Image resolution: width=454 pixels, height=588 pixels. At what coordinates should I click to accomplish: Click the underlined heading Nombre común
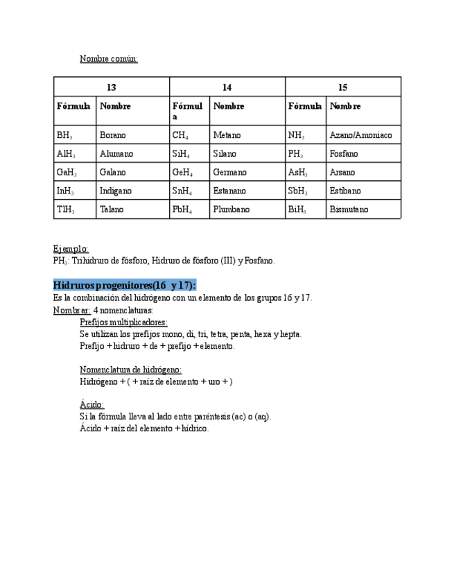(x=109, y=59)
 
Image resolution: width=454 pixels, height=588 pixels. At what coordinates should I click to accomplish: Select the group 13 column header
(x=112, y=87)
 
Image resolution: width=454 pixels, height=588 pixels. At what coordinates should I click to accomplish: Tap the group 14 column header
(x=227, y=87)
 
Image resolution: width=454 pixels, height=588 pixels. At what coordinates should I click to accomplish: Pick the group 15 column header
(x=343, y=87)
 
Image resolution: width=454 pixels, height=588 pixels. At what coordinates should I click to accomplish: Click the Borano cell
(x=113, y=135)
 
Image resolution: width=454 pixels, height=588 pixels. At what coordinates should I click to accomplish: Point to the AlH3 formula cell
(x=66, y=154)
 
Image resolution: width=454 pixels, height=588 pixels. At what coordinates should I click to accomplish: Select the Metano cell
(x=227, y=135)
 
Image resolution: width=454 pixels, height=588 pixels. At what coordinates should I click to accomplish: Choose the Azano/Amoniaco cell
(x=360, y=135)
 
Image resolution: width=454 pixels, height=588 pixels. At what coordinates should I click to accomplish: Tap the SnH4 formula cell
(x=182, y=191)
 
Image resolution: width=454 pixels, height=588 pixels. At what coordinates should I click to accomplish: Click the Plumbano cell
(x=232, y=209)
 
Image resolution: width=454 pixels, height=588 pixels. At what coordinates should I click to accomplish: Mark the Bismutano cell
(x=349, y=209)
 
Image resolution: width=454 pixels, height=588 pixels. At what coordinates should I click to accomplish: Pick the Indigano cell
(x=116, y=191)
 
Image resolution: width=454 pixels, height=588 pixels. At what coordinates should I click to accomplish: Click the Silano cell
(x=225, y=154)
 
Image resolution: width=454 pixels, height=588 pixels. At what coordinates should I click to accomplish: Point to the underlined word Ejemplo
(x=71, y=249)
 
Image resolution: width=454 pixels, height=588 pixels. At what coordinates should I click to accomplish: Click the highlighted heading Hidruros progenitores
(x=124, y=286)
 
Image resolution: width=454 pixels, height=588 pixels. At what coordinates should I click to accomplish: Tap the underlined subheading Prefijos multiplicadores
(x=123, y=322)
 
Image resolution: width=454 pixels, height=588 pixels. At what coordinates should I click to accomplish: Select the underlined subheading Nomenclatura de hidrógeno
(x=130, y=370)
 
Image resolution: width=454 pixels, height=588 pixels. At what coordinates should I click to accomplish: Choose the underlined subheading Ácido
(x=91, y=404)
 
